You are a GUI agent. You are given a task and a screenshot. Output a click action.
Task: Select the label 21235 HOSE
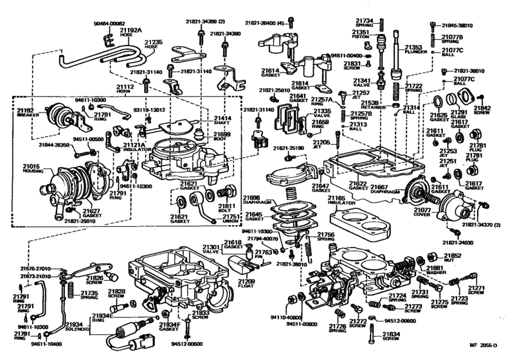click(155, 44)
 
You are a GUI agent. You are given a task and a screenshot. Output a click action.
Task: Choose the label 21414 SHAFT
click(222, 120)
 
